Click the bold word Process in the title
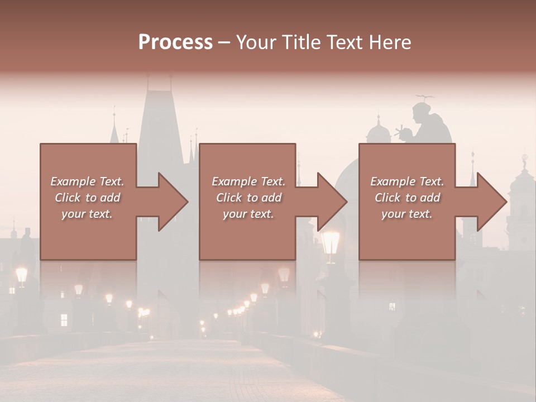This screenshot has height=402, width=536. pos(175,42)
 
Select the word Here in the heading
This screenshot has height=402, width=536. pos(389,42)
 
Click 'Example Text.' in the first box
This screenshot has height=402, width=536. pos(87,181)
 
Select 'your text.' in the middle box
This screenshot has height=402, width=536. pos(248,214)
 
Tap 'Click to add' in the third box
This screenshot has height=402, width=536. pos(408,198)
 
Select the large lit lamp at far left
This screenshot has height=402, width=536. pos(21,274)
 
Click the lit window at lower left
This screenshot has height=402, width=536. pos(64,320)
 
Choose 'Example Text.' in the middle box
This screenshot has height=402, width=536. pos(248,181)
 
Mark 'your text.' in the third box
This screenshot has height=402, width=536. pos(406,214)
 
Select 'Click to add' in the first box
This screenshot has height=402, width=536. pos(87,198)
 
